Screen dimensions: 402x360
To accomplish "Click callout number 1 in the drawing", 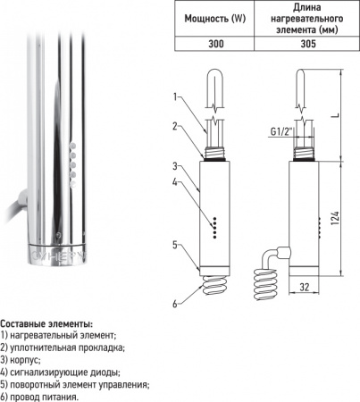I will tap(177, 96).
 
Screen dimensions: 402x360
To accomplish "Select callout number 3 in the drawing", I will tap(177, 165).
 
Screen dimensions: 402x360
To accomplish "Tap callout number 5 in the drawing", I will tap(177, 242).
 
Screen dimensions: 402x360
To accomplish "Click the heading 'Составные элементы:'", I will tap(46, 322).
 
